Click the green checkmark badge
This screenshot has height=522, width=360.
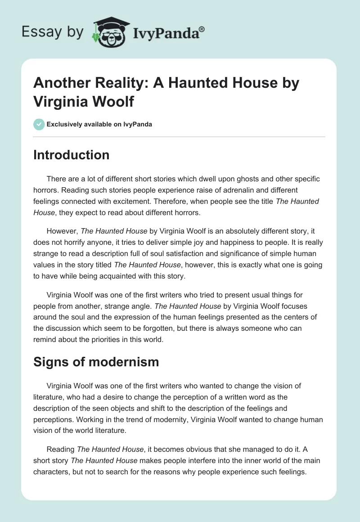pos(39,124)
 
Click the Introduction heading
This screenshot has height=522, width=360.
pos(71,155)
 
